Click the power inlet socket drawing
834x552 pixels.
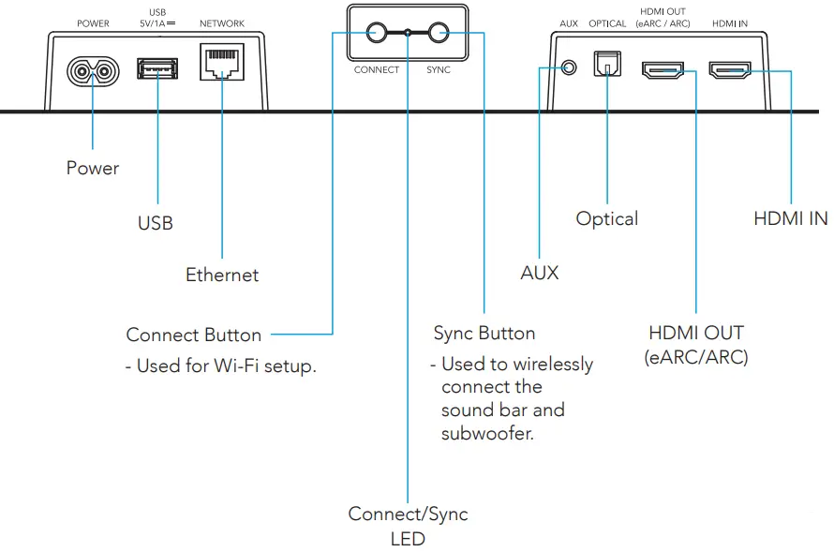[93, 71]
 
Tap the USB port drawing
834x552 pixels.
[157, 68]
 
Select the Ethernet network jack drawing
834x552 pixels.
[222, 62]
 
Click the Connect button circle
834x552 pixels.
[376, 33]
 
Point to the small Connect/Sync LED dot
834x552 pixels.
[408, 33]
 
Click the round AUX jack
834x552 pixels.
[569, 68]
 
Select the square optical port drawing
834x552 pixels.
[607, 64]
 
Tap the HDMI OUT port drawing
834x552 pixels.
[663, 70]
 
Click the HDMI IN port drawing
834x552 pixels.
[730, 69]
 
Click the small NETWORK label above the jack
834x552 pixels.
[222, 23]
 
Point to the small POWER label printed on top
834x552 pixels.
[93, 23]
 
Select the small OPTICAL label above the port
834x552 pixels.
[607, 23]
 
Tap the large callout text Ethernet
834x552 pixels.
[222, 275]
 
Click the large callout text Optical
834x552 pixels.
[607, 218]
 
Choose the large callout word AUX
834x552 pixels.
[540, 273]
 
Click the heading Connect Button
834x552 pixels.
[194, 335]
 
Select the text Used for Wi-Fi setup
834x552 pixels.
[226, 366]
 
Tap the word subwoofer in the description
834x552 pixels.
[487, 433]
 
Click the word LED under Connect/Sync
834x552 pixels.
[408, 539]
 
